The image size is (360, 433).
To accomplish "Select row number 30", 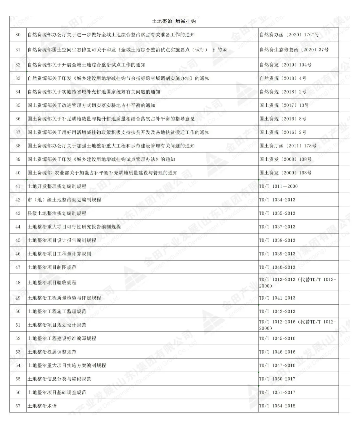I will tap(18, 35).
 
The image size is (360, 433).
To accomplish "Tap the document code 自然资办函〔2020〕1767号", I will tap(289, 35).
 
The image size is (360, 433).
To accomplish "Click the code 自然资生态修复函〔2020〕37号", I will tap(294, 50).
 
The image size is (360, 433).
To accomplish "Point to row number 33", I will tap(18, 78).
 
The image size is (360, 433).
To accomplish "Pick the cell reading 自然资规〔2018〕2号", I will tap(283, 92).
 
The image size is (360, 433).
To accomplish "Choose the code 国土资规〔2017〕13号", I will tap(284, 105).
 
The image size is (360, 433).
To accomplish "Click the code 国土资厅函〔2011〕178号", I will tap(288, 146).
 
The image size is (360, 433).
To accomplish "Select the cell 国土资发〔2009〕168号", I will tap(285, 173).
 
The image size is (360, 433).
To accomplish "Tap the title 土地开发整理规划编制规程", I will tap(57, 186).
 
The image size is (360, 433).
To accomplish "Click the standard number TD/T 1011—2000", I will tap(278, 186).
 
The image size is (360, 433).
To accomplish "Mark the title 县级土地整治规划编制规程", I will tap(57, 213).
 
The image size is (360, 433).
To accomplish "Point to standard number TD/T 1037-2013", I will tap(277, 227).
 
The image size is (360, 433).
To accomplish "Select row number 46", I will tap(18, 254).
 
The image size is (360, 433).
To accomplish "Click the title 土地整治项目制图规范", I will tap(52, 268).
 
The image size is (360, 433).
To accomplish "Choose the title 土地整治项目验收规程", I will tap(52, 283).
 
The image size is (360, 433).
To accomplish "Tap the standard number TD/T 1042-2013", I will tap(277, 312).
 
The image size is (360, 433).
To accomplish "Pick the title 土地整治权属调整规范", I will tap(52, 352).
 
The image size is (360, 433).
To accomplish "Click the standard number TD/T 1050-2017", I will tap(277, 379).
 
